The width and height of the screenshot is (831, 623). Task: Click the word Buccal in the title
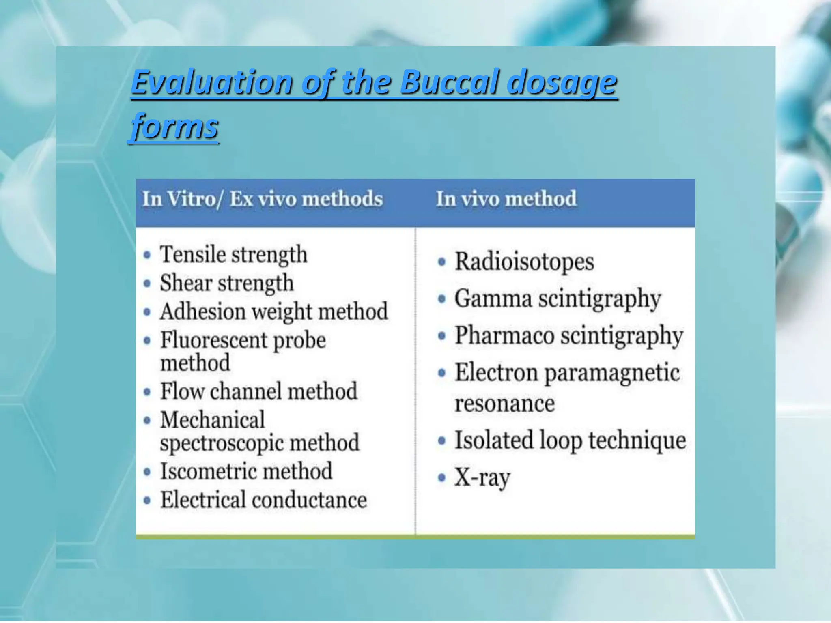(450, 82)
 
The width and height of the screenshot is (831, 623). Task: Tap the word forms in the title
(175, 127)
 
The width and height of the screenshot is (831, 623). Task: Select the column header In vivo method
(506, 199)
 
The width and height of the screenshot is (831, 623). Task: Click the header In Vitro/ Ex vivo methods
(263, 199)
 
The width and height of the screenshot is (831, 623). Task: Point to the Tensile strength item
(233, 255)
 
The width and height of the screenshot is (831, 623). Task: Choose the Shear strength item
(226, 283)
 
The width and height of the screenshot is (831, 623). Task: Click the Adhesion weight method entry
(274, 311)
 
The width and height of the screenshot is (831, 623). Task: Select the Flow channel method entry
(258, 391)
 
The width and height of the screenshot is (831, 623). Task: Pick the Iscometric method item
(246, 471)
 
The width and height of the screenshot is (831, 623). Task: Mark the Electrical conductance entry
(263, 500)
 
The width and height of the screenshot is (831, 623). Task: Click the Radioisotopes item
(524, 262)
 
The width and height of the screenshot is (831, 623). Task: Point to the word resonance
(504, 404)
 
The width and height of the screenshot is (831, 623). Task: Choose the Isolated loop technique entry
(570, 440)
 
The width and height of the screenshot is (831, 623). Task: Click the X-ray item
(482, 477)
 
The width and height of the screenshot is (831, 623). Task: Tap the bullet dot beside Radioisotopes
(442, 262)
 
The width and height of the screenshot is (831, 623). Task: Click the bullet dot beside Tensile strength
(147, 255)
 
